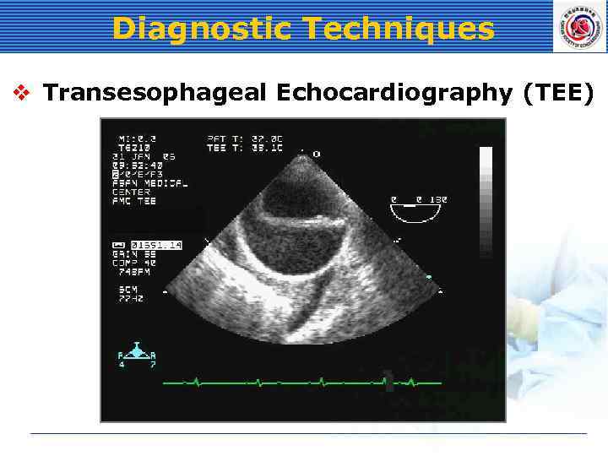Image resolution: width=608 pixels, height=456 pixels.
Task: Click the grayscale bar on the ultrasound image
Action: [x=486, y=203]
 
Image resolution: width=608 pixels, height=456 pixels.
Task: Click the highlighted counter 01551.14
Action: [x=156, y=245]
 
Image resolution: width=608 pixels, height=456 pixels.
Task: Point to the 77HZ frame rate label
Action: [x=131, y=298]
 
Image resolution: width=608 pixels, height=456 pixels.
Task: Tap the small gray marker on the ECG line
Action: [x=388, y=381]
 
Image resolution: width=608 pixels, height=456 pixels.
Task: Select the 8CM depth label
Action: [x=128, y=289]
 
